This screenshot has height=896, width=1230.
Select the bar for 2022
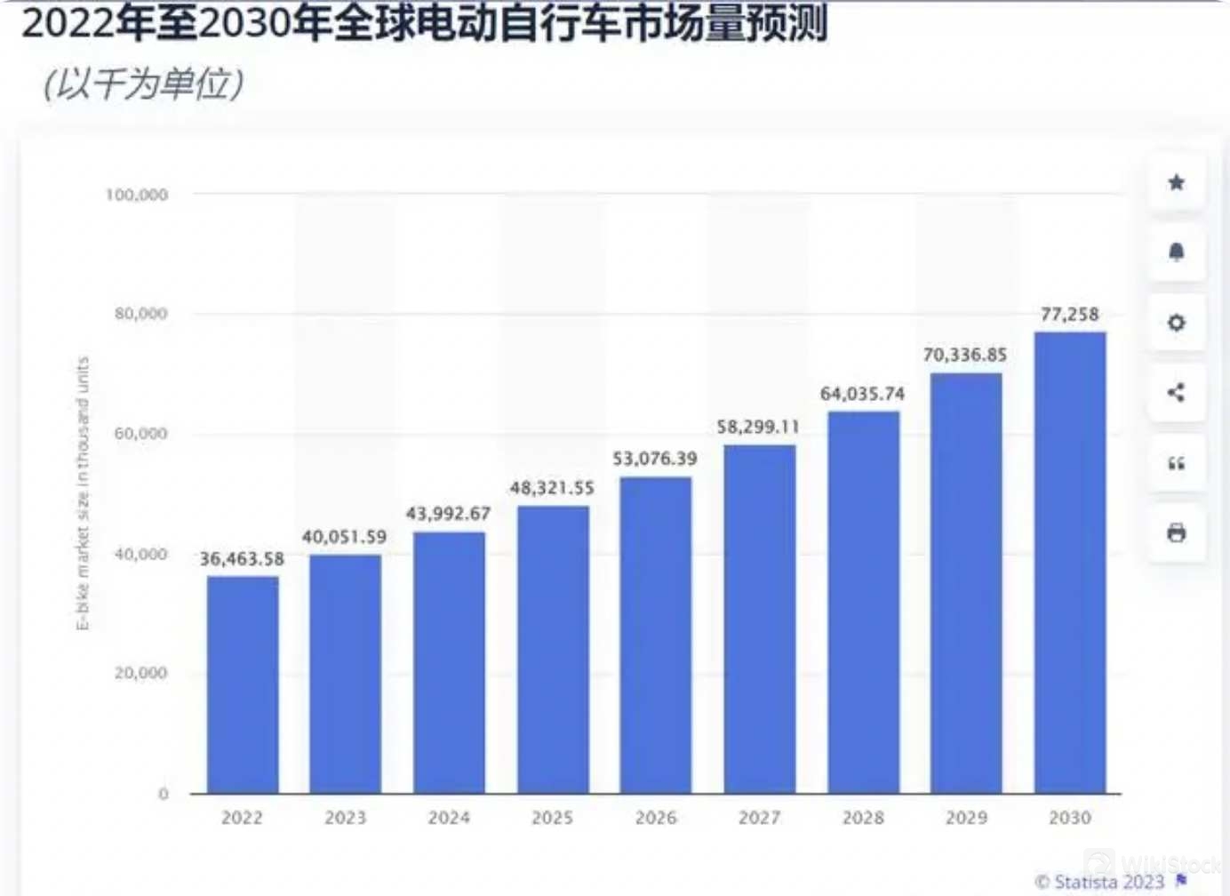coord(243,684)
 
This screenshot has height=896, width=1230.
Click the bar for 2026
coord(656,635)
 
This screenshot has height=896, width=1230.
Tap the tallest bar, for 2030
coord(1070,562)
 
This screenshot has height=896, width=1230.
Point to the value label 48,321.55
coord(552,488)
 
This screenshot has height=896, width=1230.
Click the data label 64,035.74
coord(862,394)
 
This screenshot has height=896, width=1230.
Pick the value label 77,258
coord(1070,315)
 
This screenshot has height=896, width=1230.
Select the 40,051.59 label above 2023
coord(344,537)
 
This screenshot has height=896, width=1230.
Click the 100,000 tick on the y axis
coord(137,195)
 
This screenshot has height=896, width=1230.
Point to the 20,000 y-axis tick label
coord(140,674)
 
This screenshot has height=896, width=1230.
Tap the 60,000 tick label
coord(140,434)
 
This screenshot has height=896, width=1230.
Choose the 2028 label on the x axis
coord(863,818)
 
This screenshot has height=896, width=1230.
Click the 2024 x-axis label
coord(449,818)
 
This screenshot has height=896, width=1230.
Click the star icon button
coord(1177,183)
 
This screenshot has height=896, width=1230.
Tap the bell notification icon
coord(1177,252)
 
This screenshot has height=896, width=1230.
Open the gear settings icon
coord(1177,323)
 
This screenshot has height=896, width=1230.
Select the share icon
coord(1177,392)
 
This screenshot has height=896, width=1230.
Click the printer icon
coord(1177,533)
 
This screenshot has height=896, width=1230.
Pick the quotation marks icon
coord(1177,463)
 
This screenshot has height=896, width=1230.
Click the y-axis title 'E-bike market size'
coord(83,493)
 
